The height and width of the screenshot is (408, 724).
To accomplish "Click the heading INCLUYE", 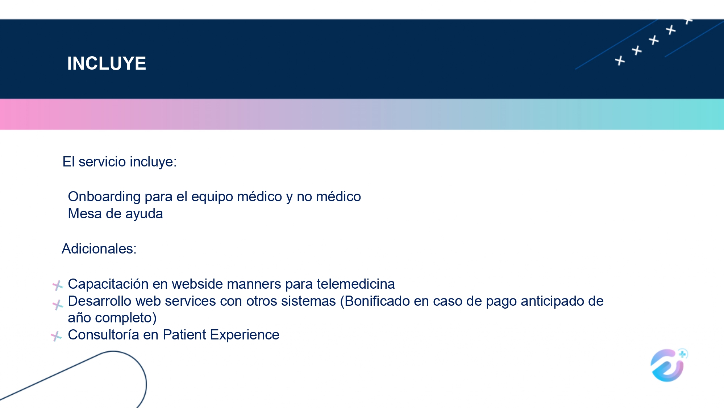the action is click(x=107, y=63).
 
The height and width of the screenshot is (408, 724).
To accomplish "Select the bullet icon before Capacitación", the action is click(x=58, y=285).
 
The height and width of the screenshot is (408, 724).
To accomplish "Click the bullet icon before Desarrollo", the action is click(x=58, y=305).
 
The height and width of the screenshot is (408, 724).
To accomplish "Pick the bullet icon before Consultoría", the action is click(x=56, y=336).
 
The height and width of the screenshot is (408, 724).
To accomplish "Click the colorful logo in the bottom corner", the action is click(x=669, y=365).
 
